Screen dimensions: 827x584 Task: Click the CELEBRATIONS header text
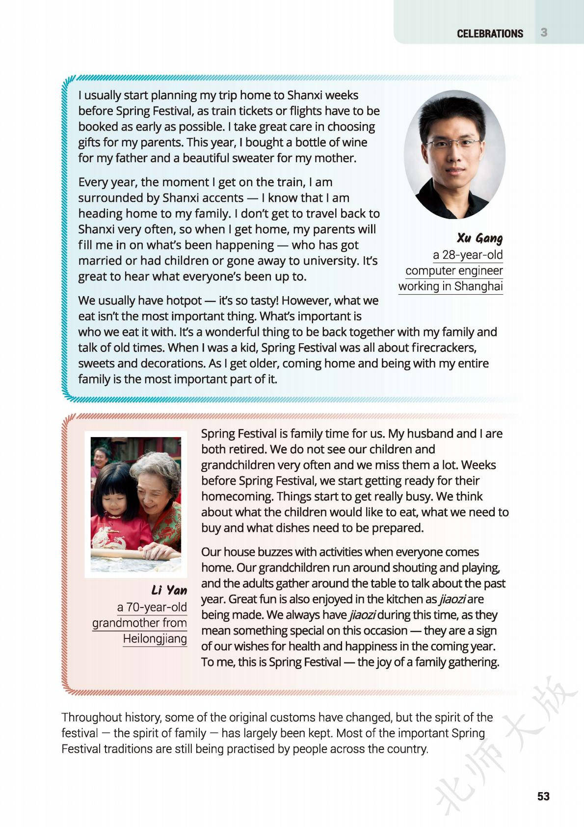tap(489, 33)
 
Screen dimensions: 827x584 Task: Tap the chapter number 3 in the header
tap(544, 33)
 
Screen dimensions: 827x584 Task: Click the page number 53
tap(543, 796)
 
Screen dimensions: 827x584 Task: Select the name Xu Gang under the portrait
tap(479, 238)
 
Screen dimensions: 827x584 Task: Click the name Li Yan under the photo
tap(169, 590)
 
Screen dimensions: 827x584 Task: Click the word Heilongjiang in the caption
tap(155, 638)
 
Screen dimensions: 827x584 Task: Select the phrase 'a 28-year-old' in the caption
tap(468, 255)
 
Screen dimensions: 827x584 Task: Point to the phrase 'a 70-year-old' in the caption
tap(152, 607)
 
